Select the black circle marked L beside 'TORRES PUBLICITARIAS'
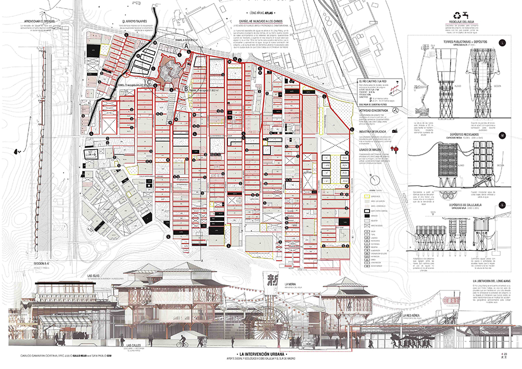(x=503, y=43)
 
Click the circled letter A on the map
(x=187, y=46)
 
